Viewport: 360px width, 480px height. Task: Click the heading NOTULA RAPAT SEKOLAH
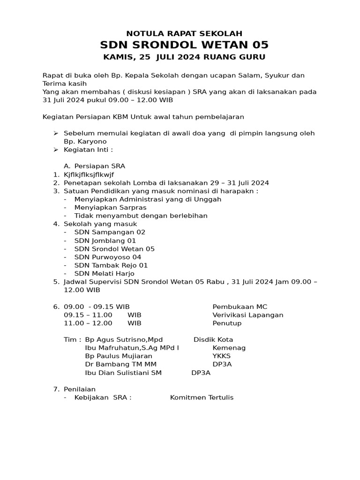click(x=184, y=33)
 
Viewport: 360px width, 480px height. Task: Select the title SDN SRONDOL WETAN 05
click(x=184, y=45)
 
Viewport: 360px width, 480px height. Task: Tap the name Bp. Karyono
click(x=85, y=142)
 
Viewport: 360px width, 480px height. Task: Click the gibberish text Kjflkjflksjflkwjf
click(x=89, y=174)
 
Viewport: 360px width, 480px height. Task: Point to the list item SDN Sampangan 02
click(x=110, y=232)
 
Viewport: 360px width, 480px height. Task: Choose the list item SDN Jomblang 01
click(x=105, y=240)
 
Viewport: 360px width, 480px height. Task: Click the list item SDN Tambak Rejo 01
click(x=111, y=265)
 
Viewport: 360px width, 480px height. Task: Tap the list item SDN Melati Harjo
click(x=104, y=274)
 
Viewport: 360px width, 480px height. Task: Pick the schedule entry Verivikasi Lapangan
click(x=247, y=315)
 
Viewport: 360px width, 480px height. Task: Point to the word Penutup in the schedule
click(x=227, y=323)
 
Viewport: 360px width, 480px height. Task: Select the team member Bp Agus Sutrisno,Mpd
click(x=124, y=339)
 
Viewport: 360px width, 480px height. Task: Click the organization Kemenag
click(x=229, y=348)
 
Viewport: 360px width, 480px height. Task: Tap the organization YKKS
click(x=221, y=356)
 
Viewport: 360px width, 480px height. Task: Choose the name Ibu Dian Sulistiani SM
click(x=123, y=373)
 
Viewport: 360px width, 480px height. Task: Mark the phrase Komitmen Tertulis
click(x=202, y=397)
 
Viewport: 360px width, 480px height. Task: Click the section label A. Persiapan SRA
click(x=94, y=166)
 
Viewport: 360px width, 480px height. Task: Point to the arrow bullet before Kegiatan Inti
click(x=55, y=150)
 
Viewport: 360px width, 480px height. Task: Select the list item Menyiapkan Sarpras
click(x=110, y=207)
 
